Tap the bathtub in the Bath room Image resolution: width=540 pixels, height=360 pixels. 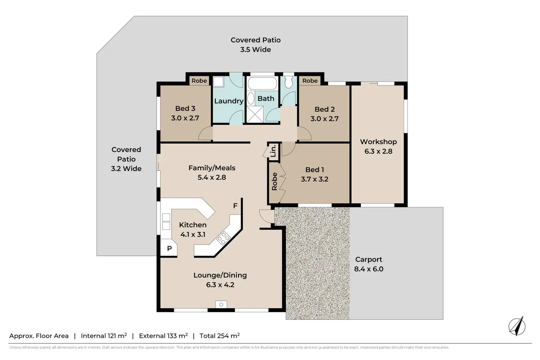(x=262, y=83)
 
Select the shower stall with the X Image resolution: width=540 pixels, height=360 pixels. (x=255, y=114)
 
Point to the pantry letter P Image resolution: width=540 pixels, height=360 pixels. (x=169, y=248)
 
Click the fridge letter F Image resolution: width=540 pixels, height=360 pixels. (x=235, y=206)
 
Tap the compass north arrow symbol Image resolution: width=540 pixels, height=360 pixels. (x=517, y=326)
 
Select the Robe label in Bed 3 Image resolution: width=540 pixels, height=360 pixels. (x=199, y=81)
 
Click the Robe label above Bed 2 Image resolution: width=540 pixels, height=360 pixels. (x=310, y=81)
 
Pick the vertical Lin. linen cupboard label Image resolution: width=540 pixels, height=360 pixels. (x=273, y=151)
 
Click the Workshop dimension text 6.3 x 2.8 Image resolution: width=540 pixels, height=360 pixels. (x=378, y=152)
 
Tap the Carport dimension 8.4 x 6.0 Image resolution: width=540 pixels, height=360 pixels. (x=369, y=269)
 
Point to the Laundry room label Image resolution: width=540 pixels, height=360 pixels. (x=229, y=101)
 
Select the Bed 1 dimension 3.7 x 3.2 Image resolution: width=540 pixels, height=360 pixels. (x=315, y=179)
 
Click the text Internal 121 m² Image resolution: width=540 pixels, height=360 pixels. (x=104, y=336)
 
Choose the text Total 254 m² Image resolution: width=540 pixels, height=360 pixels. (x=220, y=336)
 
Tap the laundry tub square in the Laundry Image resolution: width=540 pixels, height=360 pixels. (x=218, y=82)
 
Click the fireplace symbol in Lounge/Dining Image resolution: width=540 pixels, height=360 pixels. (x=221, y=305)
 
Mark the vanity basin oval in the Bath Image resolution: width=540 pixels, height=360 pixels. (x=251, y=98)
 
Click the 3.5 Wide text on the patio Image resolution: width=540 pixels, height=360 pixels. (x=256, y=50)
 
